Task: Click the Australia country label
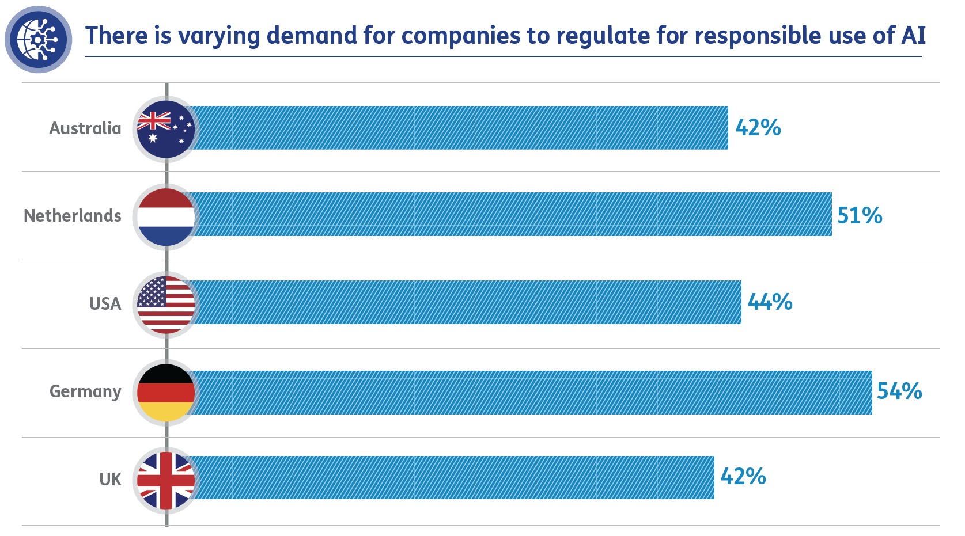coord(85,128)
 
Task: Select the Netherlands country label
coord(73,216)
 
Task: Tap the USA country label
coord(105,304)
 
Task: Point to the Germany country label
coord(85,391)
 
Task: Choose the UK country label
coord(110,480)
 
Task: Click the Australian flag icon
coord(166,129)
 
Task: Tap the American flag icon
coord(166,305)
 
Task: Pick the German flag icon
coord(166,392)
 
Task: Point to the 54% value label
coord(899,391)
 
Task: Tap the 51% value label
coord(860,216)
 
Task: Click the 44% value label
coord(770,302)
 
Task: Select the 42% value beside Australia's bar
coord(758,128)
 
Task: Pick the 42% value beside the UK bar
coord(743,477)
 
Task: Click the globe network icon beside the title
coord(38,39)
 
